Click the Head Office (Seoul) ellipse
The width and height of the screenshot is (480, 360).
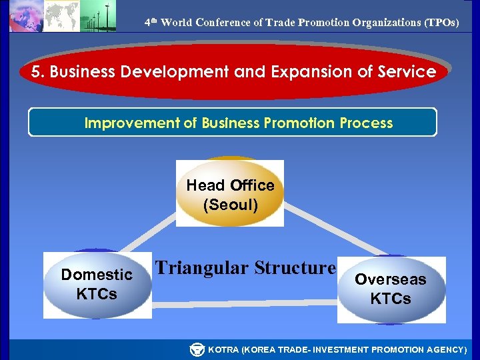230,193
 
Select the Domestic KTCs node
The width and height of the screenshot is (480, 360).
97,284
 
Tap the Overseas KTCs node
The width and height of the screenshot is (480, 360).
391,289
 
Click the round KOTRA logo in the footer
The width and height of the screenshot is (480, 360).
197,349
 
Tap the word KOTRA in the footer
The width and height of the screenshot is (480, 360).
225,350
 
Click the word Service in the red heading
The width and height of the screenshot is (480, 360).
409,72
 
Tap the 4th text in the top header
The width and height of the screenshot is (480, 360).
151,22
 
